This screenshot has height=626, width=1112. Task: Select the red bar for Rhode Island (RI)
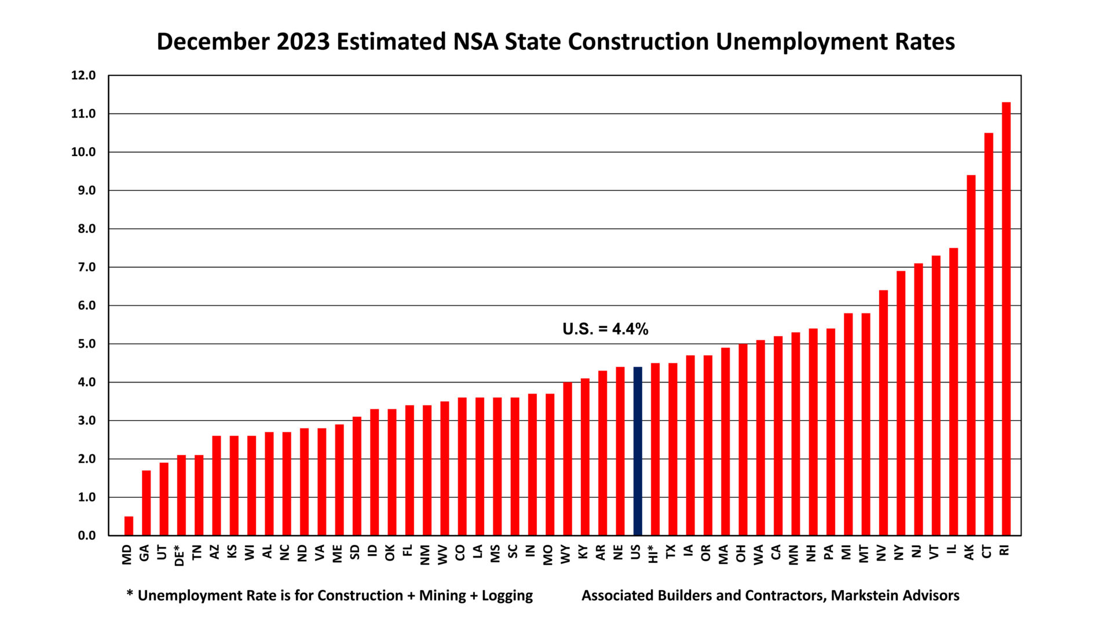[x=1006, y=319]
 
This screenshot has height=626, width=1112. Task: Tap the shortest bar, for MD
[x=129, y=526]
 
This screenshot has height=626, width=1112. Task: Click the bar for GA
[x=146, y=503]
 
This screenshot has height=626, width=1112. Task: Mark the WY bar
[x=568, y=458]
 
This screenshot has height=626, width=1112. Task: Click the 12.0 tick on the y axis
[x=83, y=75]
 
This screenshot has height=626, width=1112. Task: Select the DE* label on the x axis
[x=180, y=555]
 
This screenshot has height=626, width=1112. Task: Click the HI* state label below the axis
[x=654, y=554]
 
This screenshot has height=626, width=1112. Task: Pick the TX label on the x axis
[x=671, y=551]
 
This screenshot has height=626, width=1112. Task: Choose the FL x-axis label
[x=408, y=551]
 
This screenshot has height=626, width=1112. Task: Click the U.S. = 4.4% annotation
[x=605, y=329]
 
